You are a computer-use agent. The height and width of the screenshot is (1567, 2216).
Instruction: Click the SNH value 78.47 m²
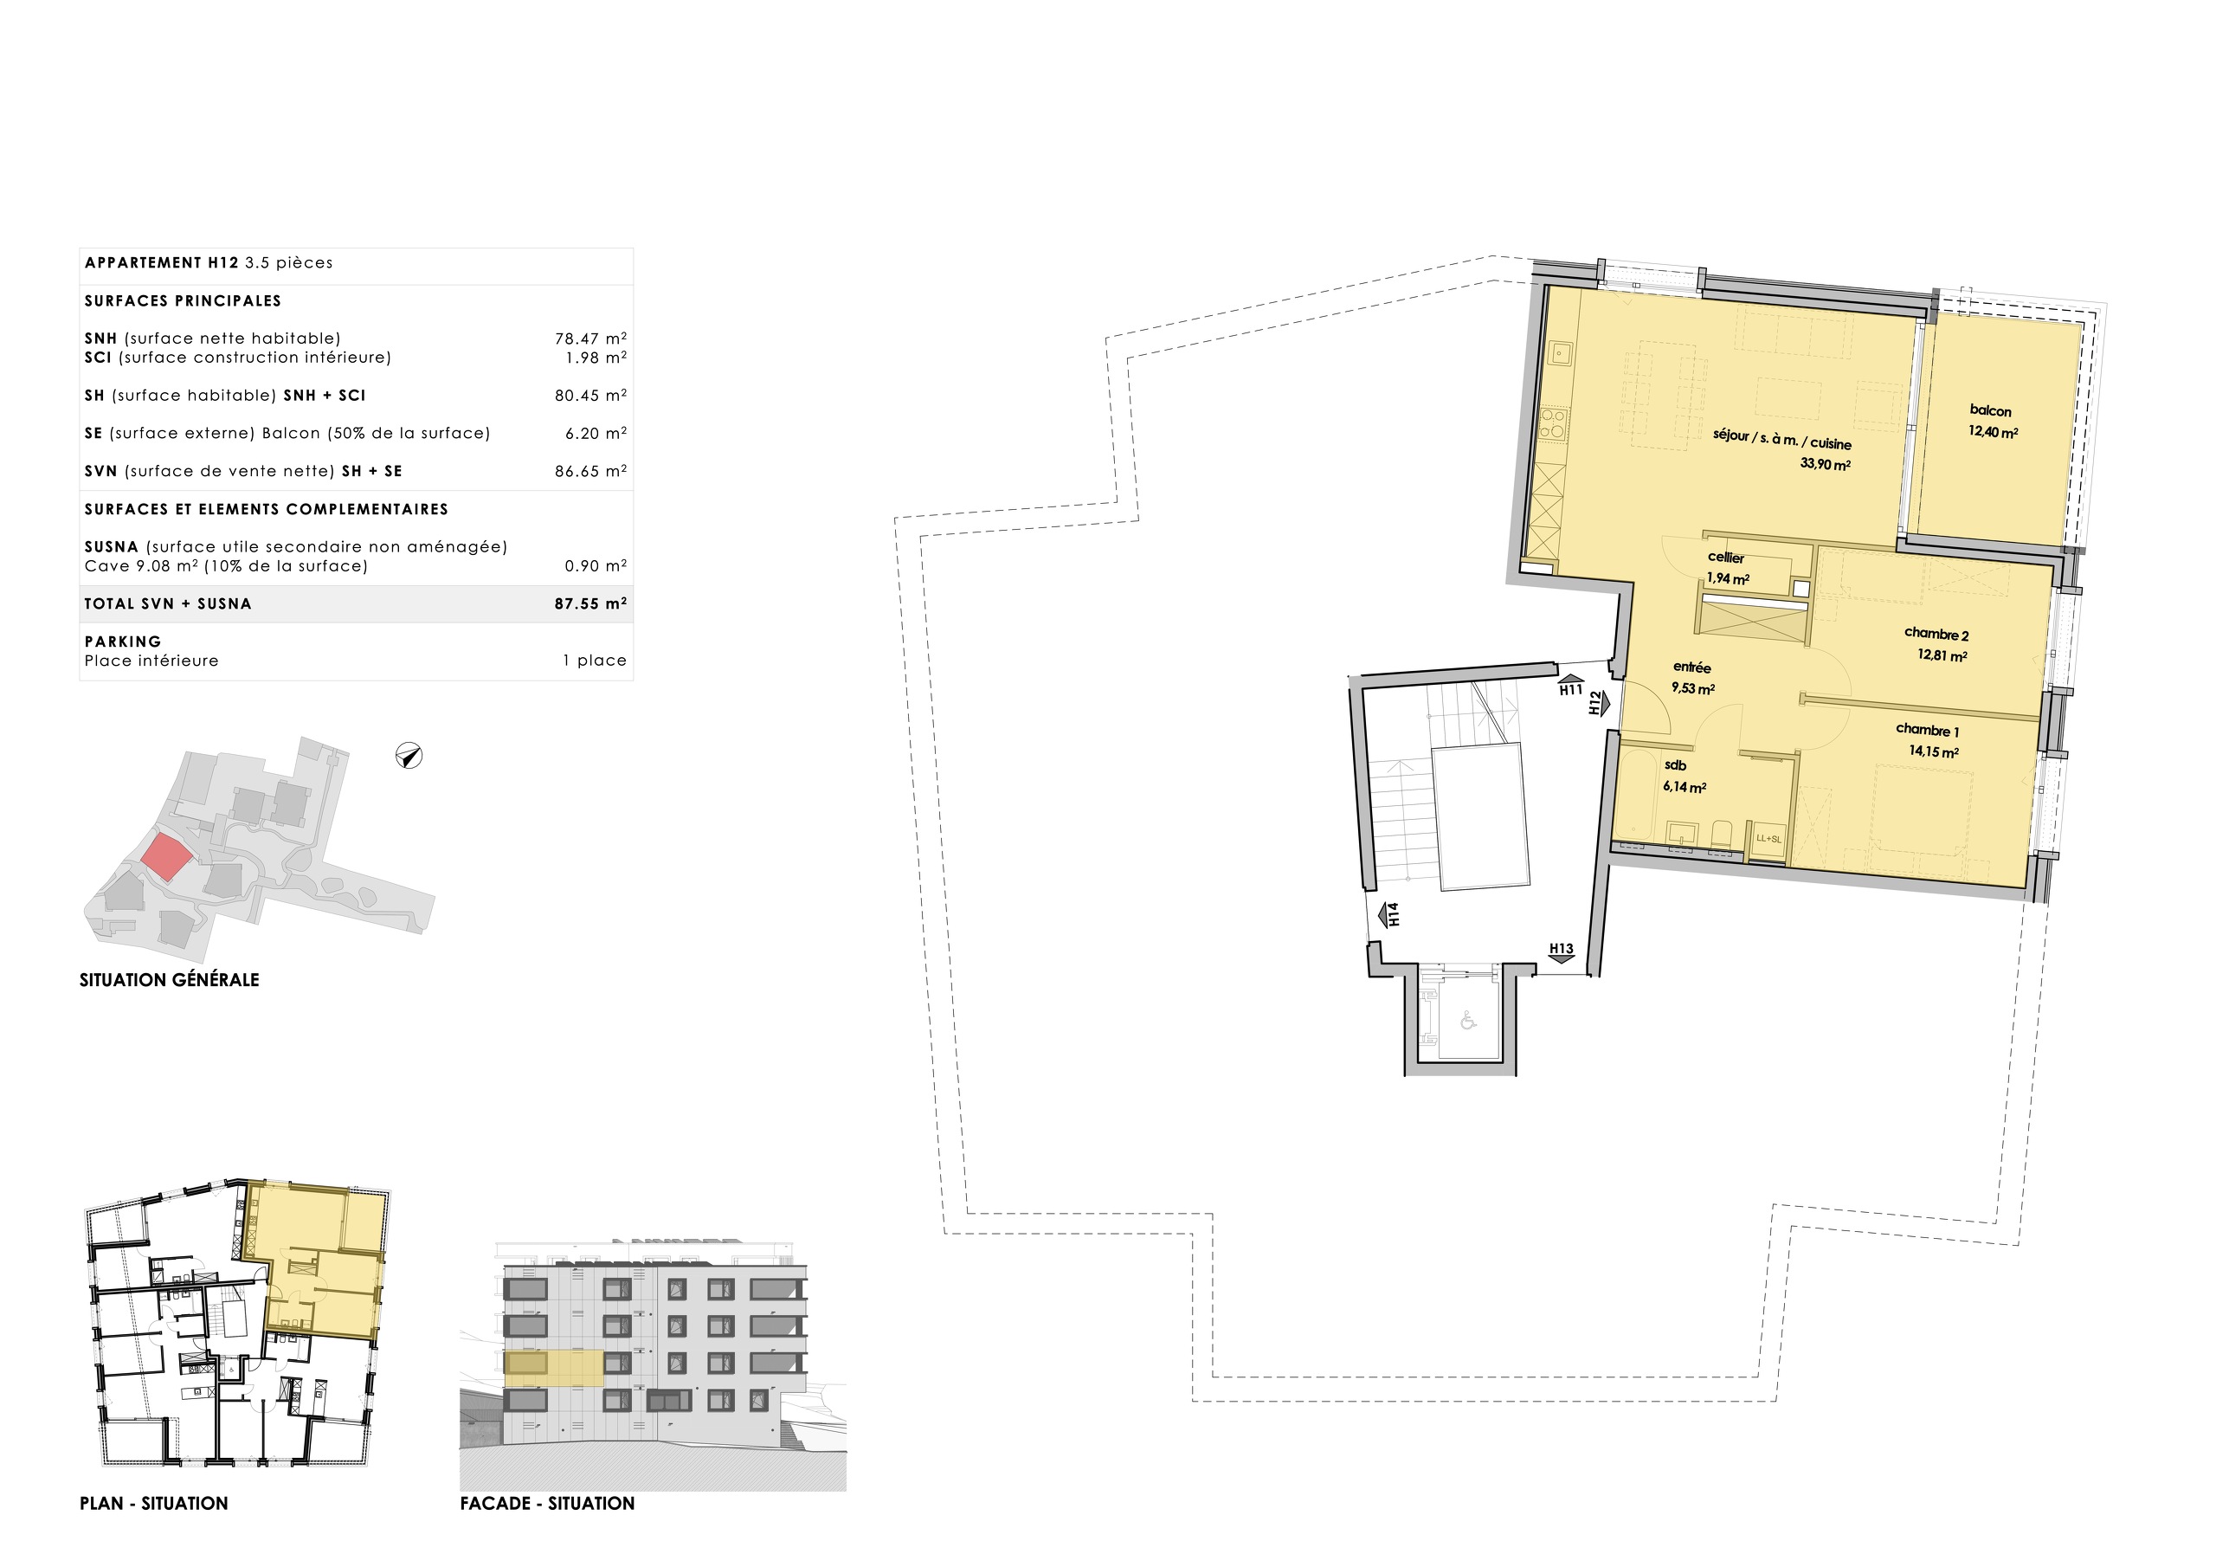pyautogui.click(x=589, y=339)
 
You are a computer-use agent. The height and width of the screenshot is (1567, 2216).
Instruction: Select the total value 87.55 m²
pyautogui.click(x=589, y=604)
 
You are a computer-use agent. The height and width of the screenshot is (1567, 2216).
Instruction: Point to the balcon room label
pyautogui.click(x=1990, y=411)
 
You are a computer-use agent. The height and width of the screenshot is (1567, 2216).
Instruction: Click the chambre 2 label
pyautogui.click(x=1936, y=635)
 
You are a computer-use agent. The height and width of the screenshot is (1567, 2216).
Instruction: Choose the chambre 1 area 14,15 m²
pyautogui.click(x=1933, y=752)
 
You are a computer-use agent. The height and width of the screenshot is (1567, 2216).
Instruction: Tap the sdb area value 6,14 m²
pyautogui.click(x=1685, y=788)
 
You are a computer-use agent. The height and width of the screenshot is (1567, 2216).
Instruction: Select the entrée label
pyautogui.click(x=1692, y=668)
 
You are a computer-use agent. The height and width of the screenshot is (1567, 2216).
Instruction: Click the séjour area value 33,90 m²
pyautogui.click(x=1824, y=464)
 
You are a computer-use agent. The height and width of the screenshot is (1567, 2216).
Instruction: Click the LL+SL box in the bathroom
pyautogui.click(x=1768, y=839)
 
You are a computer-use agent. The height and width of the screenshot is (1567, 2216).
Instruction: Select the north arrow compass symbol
pyautogui.click(x=409, y=756)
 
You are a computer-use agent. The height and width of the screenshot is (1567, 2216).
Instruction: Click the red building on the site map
pyautogui.click(x=166, y=856)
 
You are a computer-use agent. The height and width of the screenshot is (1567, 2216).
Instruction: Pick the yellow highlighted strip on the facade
pyautogui.click(x=554, y=1369)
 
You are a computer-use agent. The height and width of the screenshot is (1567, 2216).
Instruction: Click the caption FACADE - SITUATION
pyautogui.click(x=547, y=1503)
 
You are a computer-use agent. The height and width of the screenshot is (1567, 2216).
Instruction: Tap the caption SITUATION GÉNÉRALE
pyautogui.click(x=169, y=980)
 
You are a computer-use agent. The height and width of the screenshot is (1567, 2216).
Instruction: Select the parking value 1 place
pyautogui.click(x=595, y=661)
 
